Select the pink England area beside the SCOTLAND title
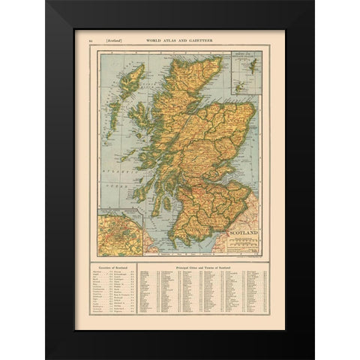249,219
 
